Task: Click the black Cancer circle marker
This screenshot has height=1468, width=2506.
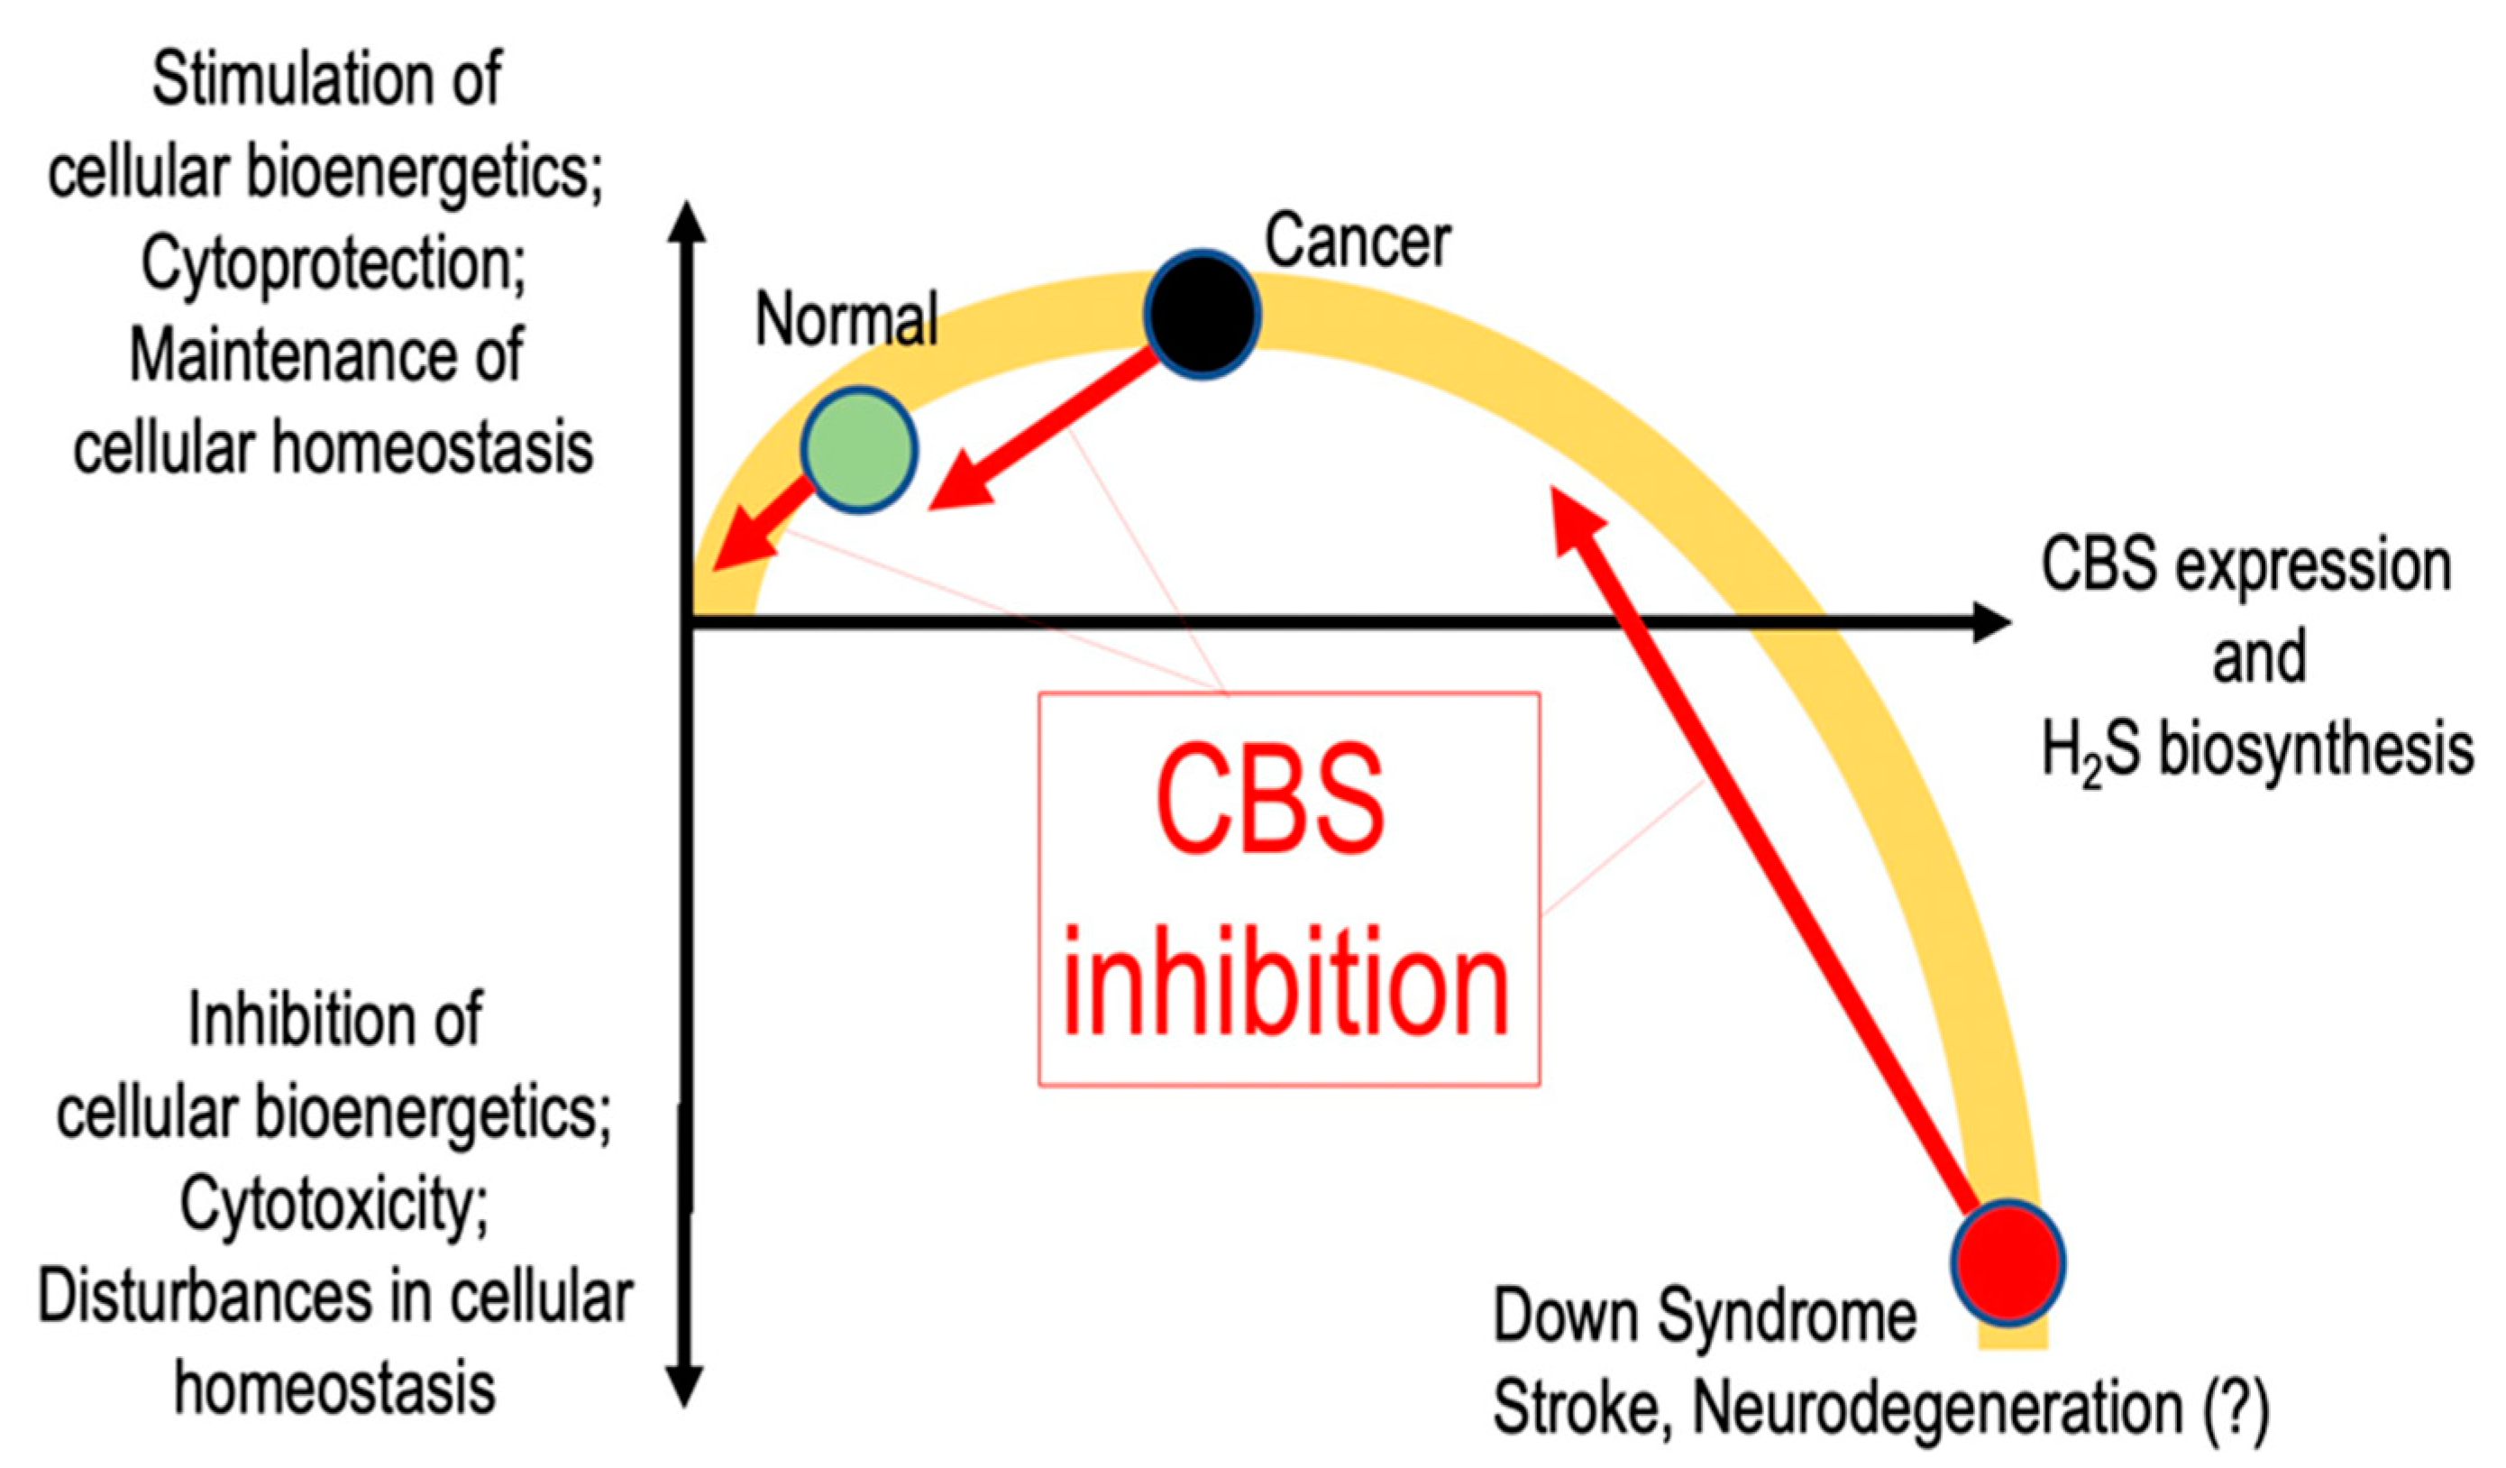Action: pos(1203,315)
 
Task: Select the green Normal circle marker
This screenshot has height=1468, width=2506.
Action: pos(858,450)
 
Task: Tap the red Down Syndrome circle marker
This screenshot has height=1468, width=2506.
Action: pos(2008,1262)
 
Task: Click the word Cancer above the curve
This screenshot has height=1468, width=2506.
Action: pos(1357,242)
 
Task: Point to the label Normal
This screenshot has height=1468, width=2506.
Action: pos(846,319)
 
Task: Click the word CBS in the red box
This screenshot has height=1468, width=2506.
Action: pos(1269,803)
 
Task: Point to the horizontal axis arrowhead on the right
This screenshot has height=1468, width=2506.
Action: pos(1992,622)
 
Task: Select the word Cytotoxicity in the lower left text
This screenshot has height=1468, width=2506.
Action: pos(334,1205)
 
